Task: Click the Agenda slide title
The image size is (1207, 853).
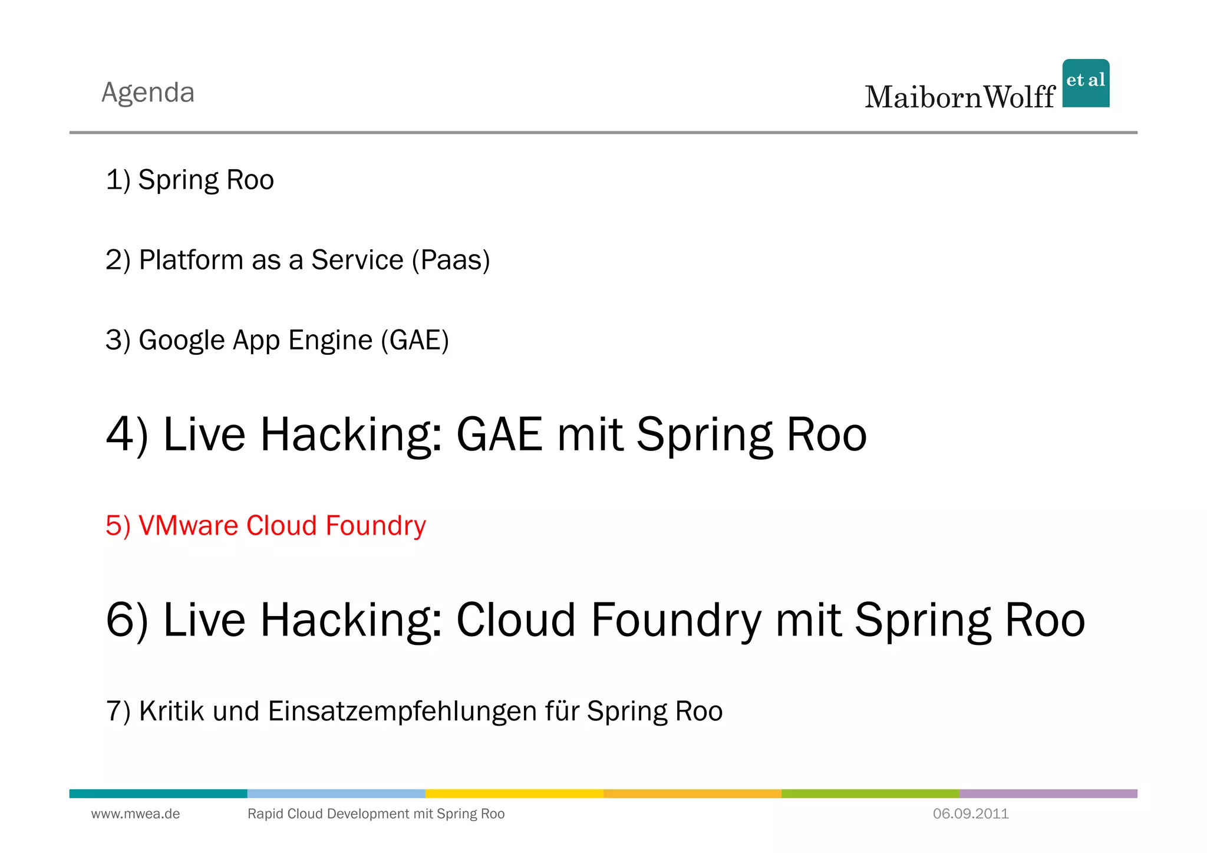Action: [148, 93]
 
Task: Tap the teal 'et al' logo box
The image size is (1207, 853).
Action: [1086, 83]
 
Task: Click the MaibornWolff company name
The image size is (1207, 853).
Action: [959, 97]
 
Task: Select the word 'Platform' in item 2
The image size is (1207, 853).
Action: [191, 260]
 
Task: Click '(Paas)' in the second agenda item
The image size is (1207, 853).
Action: [451, 260]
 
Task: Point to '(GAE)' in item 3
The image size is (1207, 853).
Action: [415, 340]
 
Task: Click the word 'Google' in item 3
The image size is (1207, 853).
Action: [182, 341]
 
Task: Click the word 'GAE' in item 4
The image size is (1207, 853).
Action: [499, 434]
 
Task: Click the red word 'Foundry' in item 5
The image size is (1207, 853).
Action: [375, 525]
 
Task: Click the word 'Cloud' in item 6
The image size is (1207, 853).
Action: [516, 620]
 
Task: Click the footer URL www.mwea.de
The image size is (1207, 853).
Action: [136, 814]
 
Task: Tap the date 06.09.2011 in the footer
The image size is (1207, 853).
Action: [971, 814]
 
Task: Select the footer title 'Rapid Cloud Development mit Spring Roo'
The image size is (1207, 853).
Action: [376, 814]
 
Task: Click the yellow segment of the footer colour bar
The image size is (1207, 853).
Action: [515, 793]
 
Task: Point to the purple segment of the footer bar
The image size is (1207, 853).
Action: [1048, 793]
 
